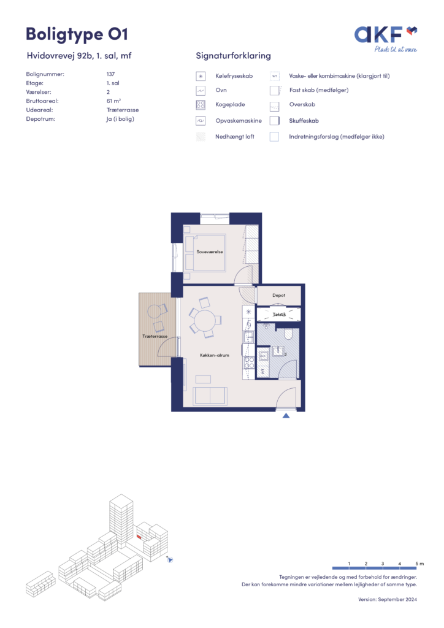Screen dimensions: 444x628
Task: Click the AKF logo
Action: tap(386, 39)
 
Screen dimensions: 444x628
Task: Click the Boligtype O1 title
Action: tap(77, 34)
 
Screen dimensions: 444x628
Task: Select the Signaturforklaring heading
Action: tap(233, 56)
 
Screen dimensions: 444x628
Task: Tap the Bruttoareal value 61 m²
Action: tap(113, 101)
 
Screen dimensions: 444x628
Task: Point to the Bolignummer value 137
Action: tap(110, 74)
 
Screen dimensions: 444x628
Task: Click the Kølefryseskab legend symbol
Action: tap(201, 76)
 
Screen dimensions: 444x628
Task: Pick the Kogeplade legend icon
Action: tap(201, 105)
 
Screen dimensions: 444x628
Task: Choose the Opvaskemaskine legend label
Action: tap(238, 121)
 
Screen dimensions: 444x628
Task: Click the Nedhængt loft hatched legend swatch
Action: tap(201, 137)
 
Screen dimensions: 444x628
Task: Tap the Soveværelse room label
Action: tap(209, 252)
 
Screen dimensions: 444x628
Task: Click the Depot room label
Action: tap(278, 295)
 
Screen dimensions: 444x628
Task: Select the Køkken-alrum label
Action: tap(215, 355)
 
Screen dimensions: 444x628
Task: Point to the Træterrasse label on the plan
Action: tap(155, 337)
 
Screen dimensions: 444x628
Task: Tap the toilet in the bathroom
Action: tap(289, 334)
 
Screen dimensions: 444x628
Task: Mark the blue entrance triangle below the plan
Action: tap(286, 416)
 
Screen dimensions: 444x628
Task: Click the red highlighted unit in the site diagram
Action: tap(139, 536)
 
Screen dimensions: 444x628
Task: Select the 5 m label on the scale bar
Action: tap(419, 564)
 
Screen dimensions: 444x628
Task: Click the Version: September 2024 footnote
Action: tap(387, 600)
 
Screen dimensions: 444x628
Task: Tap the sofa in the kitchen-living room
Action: tap(210, 396)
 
